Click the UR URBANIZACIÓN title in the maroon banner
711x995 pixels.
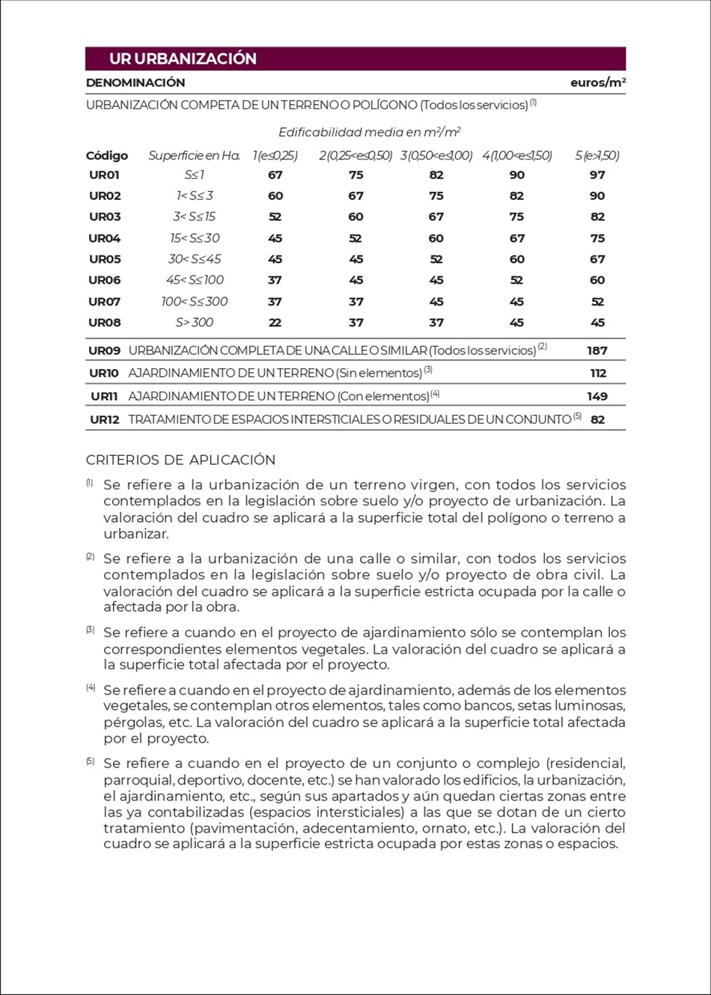click(183, 58)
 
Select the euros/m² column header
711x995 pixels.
click(597, 82)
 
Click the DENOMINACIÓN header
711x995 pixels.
click(135, 82)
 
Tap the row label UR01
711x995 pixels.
click(104, 174)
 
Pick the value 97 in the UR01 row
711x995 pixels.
click(596, 174)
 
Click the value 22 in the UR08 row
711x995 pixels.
click(275, 323)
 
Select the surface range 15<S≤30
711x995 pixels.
click(195, 238)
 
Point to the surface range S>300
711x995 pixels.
click(195, 323)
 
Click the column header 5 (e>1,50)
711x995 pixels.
click(596, 156)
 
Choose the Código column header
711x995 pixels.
click(107, 156)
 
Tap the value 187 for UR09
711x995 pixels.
click(596, 350)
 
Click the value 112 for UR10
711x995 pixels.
click(597, 373)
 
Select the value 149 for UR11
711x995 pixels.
click(596, 396)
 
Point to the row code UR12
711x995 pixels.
click(105, 419)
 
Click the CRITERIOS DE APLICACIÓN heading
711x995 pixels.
click(180, 460)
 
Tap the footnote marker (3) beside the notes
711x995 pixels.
click(90, 630)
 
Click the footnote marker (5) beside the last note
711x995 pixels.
click(90, 761)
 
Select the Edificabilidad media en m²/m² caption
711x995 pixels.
click(369, 133)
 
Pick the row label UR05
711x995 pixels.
click(104, 259)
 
